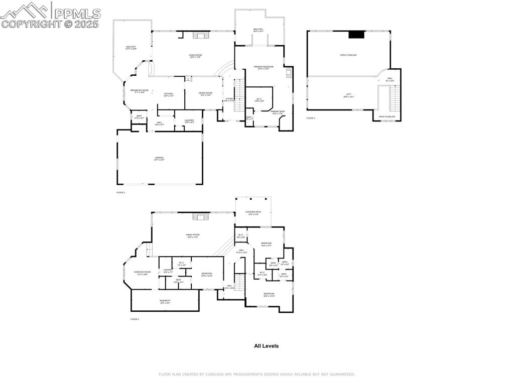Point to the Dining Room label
(205, 93)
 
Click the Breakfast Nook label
(139, 91)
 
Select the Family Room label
(193, 235)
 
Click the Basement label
(165, 301)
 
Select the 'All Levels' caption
(266, 346)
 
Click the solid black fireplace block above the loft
(356, 35)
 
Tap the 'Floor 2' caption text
(120, 192)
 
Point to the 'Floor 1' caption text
(135, 319)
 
